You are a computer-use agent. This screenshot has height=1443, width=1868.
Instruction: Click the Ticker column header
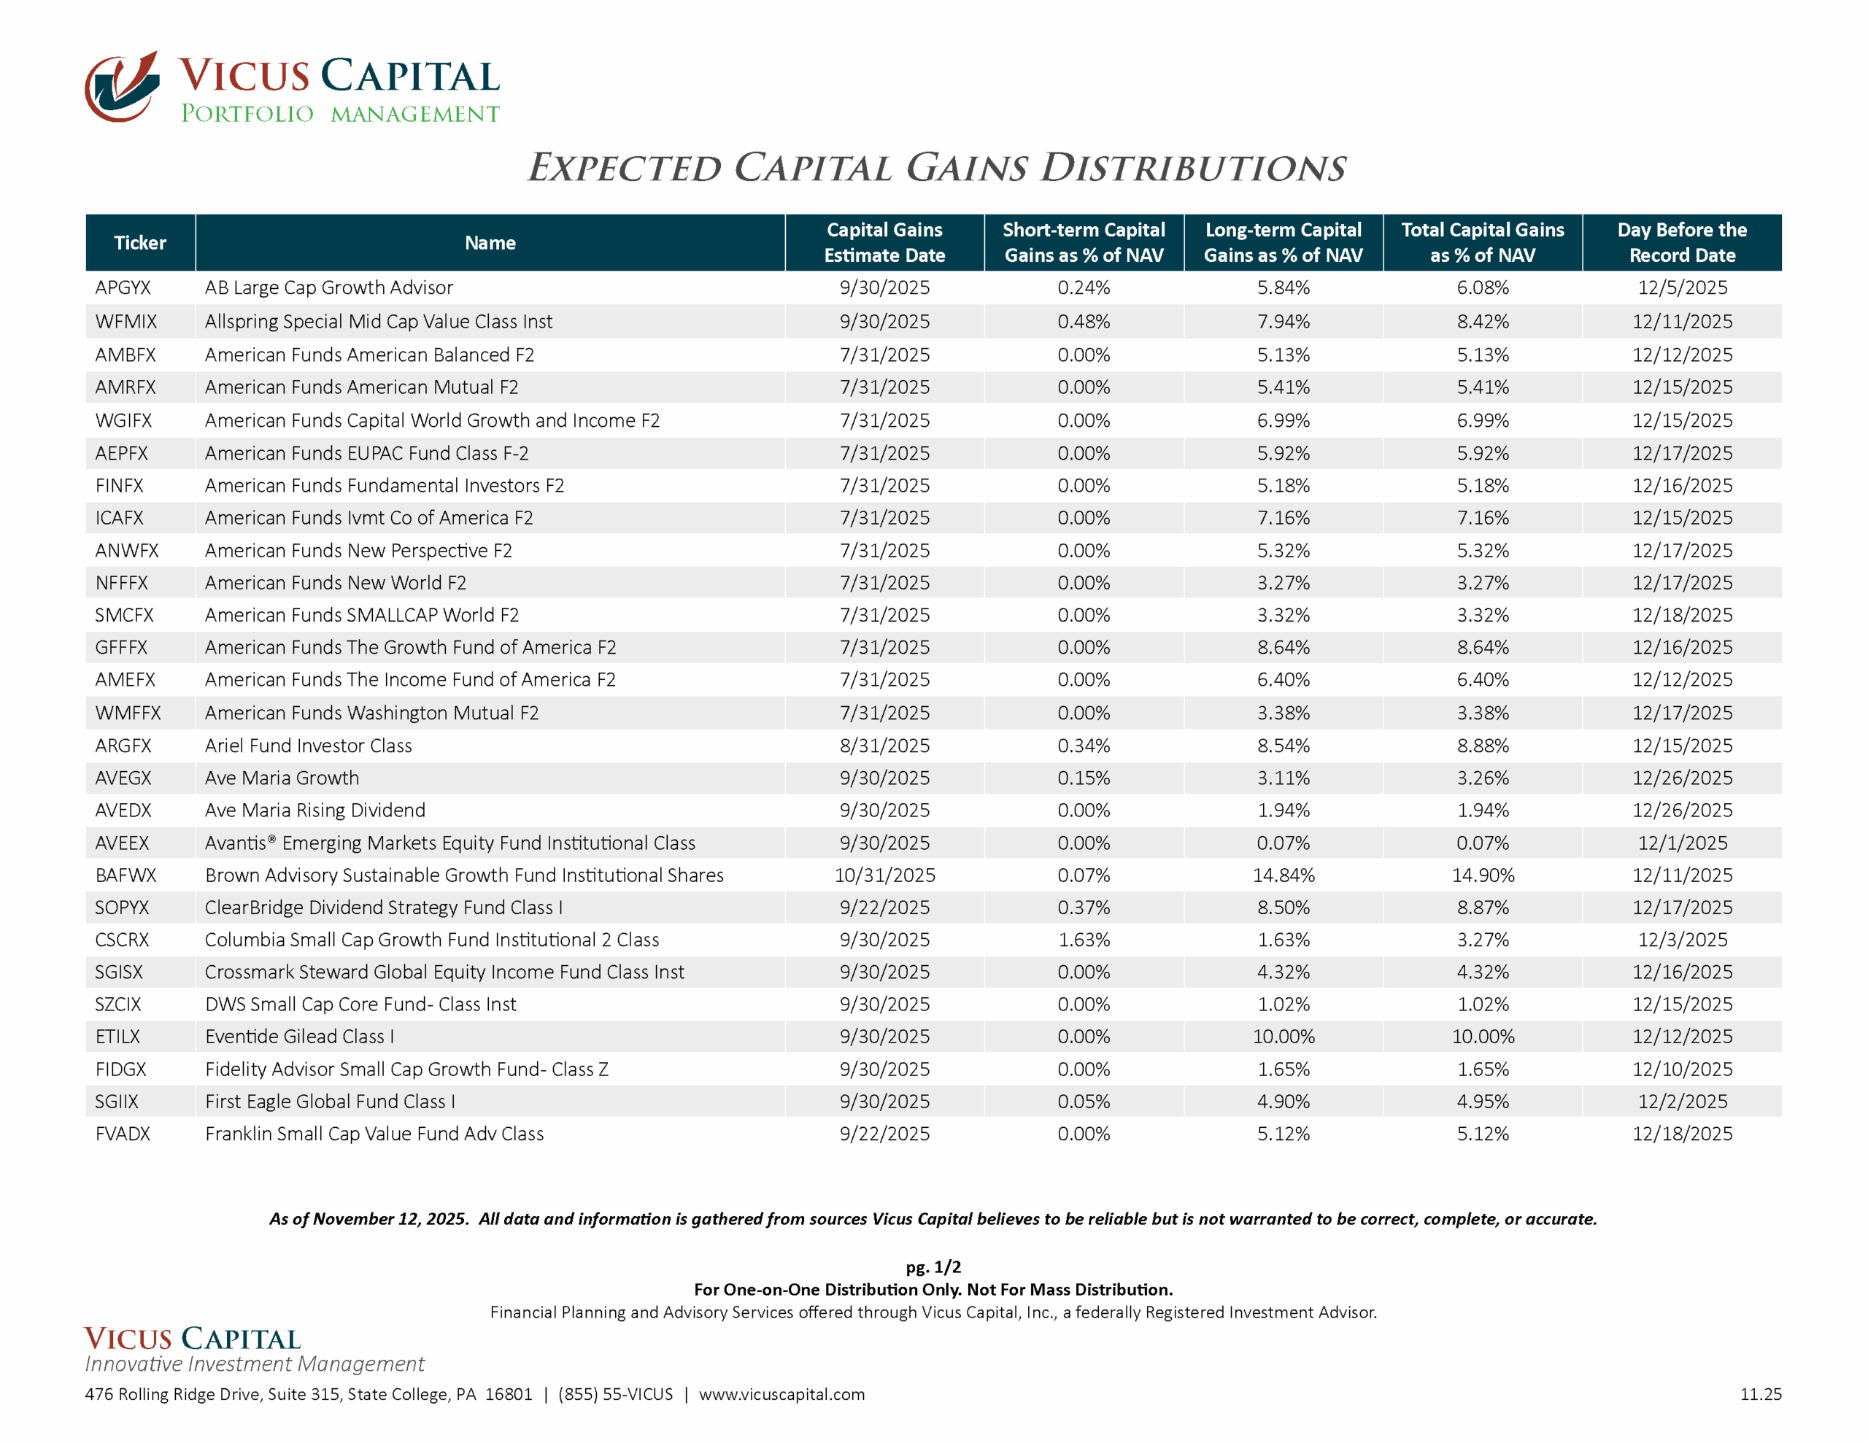click(140, 243)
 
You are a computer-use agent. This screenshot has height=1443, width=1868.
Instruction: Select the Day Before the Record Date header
click(1680, 243)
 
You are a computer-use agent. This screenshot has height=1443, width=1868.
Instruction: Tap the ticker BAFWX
click(126, 875)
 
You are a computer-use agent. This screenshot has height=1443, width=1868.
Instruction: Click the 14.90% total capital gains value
click(1482, 875)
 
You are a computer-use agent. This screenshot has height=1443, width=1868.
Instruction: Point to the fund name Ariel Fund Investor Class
click(308, 746)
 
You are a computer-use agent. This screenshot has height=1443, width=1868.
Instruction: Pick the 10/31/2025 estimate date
click(884, 875)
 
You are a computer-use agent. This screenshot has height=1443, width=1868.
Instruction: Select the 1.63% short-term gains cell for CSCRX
click(1084, 940)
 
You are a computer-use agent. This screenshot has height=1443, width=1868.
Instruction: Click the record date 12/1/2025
click(1681, 843)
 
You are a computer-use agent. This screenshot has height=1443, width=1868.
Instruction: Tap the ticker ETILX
click(117, 1037)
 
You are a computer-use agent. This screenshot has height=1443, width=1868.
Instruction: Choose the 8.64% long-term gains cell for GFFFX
click(1283, 648)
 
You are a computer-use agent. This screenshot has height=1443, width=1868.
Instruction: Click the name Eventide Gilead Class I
click(299, 1037)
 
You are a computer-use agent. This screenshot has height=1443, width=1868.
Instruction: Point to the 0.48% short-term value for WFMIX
click(1084, 322)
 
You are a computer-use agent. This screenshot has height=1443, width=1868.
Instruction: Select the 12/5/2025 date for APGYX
click(1681, 288)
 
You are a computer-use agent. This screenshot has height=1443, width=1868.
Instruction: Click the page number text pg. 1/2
click(933, 1266)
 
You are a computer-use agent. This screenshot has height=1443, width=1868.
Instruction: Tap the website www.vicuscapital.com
click(781, 1394)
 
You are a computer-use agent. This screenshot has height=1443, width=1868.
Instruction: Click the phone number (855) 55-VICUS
click(615, 1394)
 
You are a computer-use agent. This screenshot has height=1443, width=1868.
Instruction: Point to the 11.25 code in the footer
click(1760, 1394)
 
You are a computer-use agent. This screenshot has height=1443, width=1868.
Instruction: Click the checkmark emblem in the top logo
click(123, 86)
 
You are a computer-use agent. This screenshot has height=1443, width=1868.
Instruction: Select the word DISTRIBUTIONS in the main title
click(1192, 169)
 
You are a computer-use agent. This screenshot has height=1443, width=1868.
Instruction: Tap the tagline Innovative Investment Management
click(254, 1363)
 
